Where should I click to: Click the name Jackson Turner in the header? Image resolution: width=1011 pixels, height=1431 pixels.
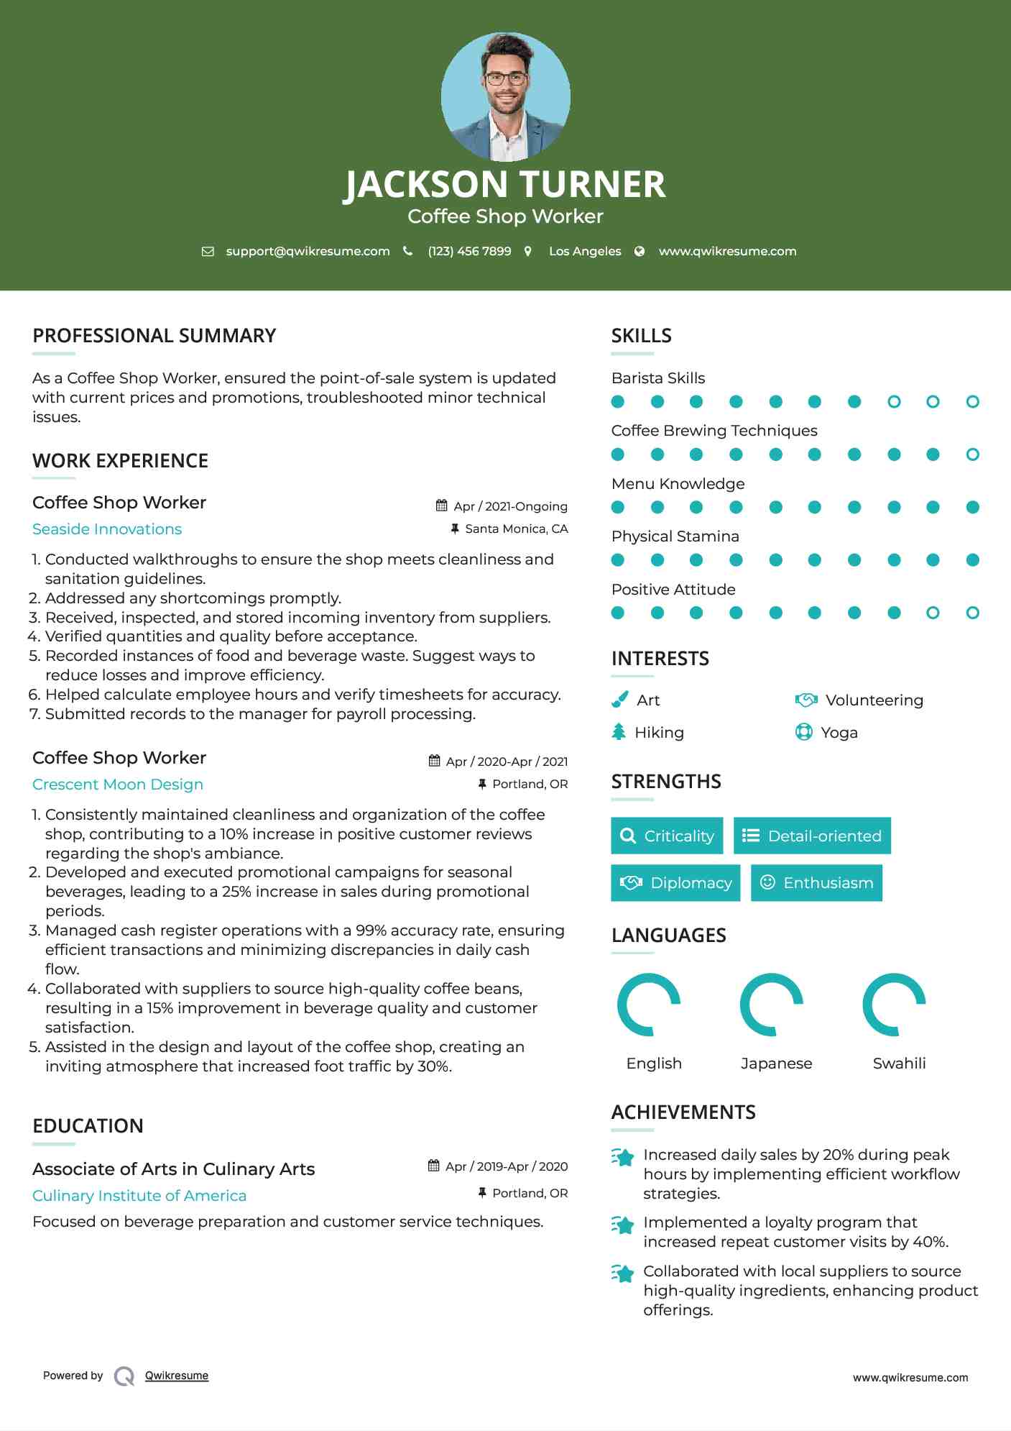pos(505,184)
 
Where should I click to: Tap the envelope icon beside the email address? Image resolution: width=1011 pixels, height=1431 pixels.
pos(208,252)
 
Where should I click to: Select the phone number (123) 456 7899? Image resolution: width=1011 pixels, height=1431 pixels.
pos(469,252)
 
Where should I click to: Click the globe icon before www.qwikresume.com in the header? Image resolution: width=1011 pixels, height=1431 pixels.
pos(640,252)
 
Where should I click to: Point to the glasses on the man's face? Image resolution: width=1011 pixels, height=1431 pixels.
pos(505,78)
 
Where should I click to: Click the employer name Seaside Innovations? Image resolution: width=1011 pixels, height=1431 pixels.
pos(107,529)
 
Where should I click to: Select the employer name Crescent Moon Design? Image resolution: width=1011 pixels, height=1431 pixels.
pos(118,785)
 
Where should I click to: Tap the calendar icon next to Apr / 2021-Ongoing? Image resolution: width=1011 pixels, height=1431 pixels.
pos(442,506)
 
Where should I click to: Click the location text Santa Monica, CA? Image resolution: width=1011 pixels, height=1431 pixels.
pos(516,529)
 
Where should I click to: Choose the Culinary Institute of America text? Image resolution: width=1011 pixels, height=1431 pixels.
pos(139,1196)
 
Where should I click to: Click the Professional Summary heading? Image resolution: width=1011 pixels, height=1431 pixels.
pos(154,336)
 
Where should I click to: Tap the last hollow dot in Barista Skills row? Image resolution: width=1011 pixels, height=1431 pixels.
pos(972,402)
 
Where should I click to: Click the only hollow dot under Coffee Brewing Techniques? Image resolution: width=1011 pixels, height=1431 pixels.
pos(972,454)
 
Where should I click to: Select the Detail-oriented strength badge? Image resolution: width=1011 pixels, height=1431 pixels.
pos(812,836)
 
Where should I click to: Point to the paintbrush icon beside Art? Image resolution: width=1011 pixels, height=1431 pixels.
pos(619,700)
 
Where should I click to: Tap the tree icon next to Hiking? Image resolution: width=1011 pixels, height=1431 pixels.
pos(619,732)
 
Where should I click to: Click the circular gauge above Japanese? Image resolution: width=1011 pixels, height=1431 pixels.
pos(771,1005)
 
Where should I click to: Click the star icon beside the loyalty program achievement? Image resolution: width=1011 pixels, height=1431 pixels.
pos(622,1225)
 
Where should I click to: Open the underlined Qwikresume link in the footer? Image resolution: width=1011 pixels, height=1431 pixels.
pos(177,1376)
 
